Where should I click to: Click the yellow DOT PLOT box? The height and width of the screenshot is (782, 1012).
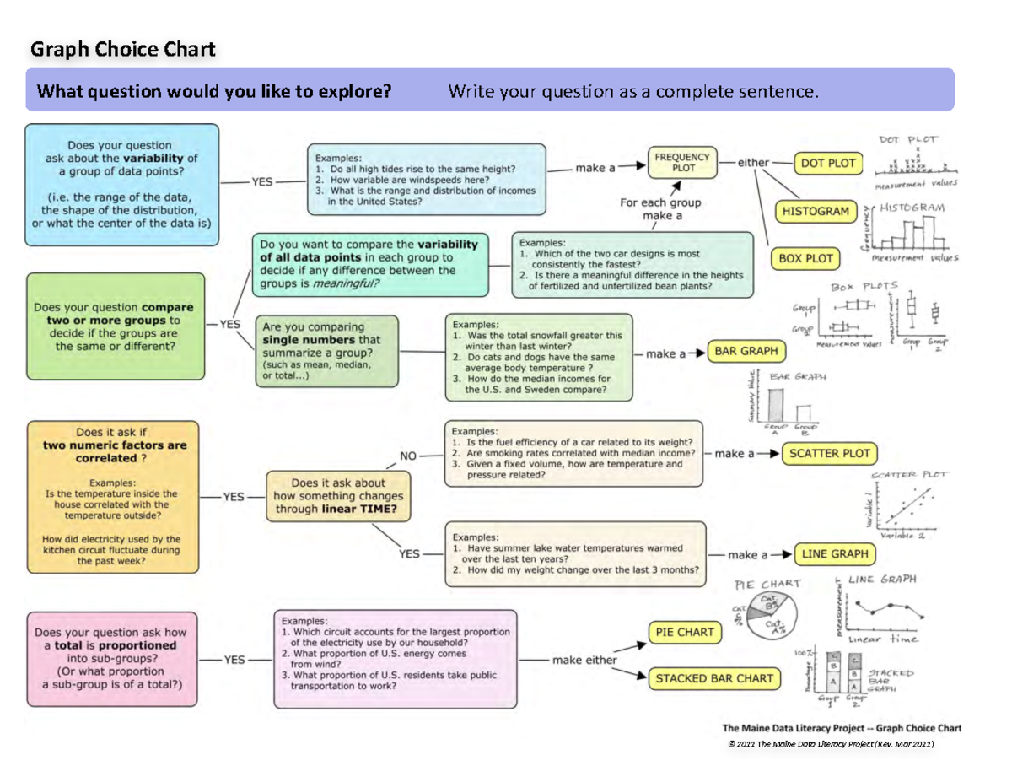tap(827, 164)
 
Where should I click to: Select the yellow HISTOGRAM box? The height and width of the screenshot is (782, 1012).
tap(816, 211)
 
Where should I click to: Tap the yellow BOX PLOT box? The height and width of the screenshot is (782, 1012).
tap(805, 259)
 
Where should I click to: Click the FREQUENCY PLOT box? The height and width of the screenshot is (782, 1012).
tap(681, 162)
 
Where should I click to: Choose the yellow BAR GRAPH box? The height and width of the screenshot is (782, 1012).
tap(746, 351)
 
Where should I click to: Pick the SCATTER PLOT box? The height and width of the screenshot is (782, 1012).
tap(829, 453)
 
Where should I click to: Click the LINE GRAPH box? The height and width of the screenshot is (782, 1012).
tap(834, 554)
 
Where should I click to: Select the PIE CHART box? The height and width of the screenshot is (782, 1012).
tap(684, 632)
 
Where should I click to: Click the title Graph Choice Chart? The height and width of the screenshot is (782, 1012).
tap(123, 49)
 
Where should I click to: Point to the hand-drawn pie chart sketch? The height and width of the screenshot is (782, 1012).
tap(768, 614)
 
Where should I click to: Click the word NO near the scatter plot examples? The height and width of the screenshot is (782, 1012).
tap(408, 456)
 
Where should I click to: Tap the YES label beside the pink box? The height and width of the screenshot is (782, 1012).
tap(234, 660)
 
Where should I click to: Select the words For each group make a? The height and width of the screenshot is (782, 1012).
tap(660, 209)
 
